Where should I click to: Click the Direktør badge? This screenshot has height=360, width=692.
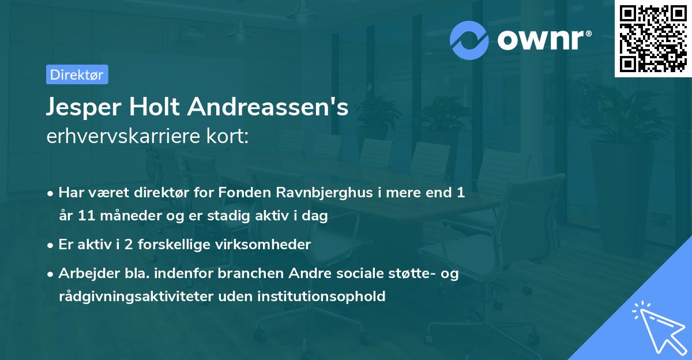point(77,74)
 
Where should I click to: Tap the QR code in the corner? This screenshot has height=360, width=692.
point(653,38)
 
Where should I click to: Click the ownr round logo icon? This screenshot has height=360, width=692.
point(469,40)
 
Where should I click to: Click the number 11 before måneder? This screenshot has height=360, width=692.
point(82,216)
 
